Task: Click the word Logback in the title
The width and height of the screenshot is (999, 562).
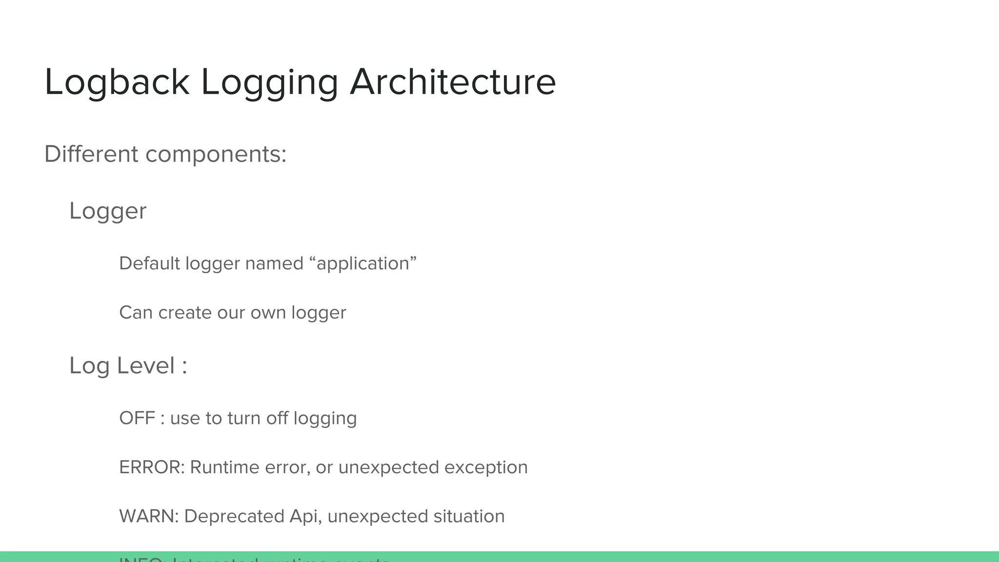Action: (x=117, y=82)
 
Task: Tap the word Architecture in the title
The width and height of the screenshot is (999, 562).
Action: (x=453, y=82)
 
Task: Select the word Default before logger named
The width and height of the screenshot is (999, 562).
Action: (x=150, y=263)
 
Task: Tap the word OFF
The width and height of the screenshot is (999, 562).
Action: (x=137, y=418)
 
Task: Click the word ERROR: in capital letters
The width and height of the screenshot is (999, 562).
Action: (x=152, y=467)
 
